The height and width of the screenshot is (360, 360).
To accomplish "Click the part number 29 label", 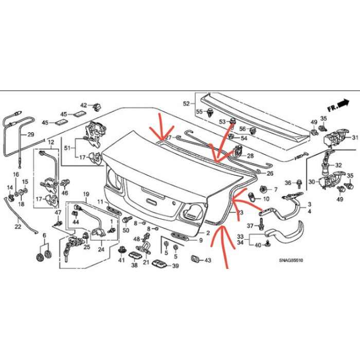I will [30, 135].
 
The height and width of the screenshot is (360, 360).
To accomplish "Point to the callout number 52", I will [186, 103].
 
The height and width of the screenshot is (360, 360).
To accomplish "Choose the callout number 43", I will [208, 260].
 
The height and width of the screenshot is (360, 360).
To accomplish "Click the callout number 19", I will [86, 194].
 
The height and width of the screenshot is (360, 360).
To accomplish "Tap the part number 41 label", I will [121, 261].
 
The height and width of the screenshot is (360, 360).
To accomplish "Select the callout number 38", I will [134, 266].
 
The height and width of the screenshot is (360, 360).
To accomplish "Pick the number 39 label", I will [175, 266].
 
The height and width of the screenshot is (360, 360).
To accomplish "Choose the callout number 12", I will [51, 141].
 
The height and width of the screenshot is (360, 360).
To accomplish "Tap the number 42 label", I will [83, 105].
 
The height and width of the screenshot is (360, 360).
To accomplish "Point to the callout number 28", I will [250, 155].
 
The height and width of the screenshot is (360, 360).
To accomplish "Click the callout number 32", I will [338, 166].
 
